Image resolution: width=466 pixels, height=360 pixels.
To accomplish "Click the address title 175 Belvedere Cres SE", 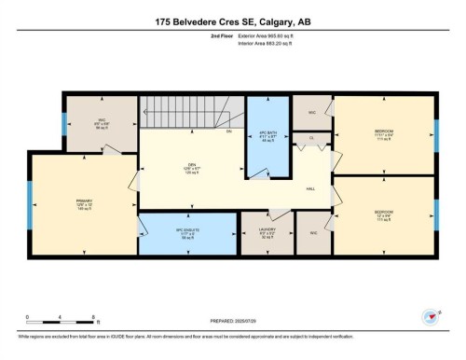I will (x=232, y=22).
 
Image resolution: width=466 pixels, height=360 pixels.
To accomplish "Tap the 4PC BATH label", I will (x=267, y=138).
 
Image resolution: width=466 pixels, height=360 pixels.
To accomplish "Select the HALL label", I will (x=309, y=189).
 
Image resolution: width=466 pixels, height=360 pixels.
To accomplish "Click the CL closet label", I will (x=311, y=138).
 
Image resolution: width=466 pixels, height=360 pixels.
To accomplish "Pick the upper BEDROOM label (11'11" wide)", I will (x=383, y=132).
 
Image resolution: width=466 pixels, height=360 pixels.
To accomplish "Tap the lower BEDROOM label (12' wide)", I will (x=383, y=214).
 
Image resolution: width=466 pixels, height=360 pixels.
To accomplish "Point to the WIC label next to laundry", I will (x=313, y=232).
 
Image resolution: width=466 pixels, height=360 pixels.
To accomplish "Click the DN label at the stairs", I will (x=228, y=132).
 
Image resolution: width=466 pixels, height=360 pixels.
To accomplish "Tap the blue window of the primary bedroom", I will (x=30, y=205).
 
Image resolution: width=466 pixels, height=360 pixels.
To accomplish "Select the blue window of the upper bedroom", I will (x=435, y=133).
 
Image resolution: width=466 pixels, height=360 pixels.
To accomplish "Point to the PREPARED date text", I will (x=233, y=319).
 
